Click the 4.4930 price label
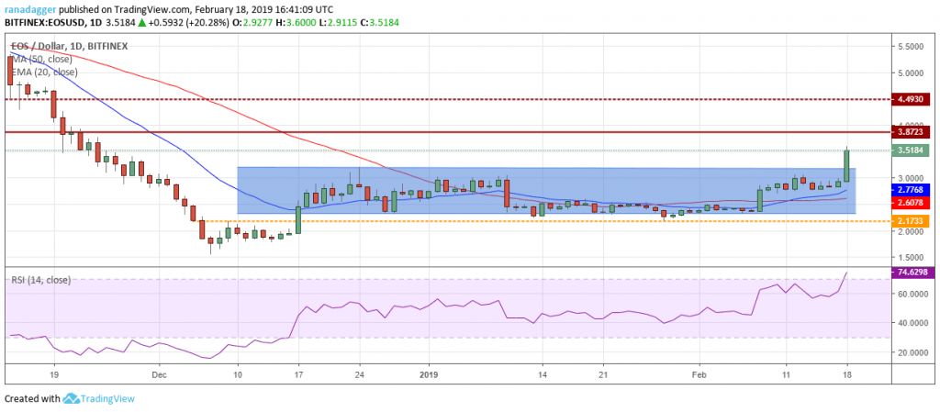point(913,99)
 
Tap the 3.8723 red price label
point(913,132)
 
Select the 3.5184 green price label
point(913,150)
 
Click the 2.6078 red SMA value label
point(913,202)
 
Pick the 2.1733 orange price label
point(913,221)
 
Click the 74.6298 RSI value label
point(913,273)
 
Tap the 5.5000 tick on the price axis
point(912,45)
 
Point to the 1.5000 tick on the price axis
point(912,258)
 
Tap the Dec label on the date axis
point(158,374)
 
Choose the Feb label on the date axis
point(699,374)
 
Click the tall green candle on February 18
point(846,165)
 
